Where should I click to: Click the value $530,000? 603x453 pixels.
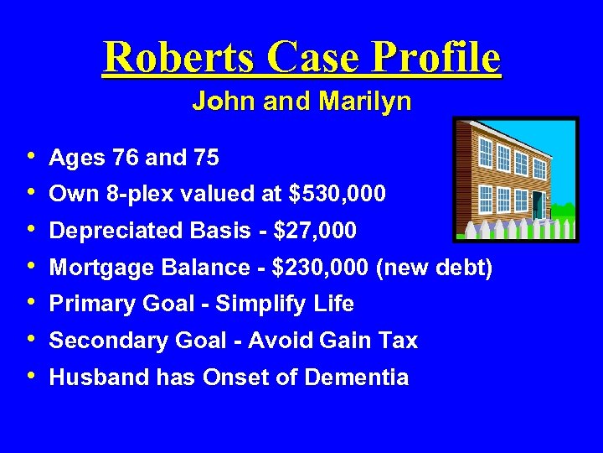pos(337,194)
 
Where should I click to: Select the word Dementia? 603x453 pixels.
pos(357,377)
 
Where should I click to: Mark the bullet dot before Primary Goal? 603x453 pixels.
pos(31,302)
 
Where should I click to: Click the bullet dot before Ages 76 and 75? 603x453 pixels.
pos(31,155)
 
